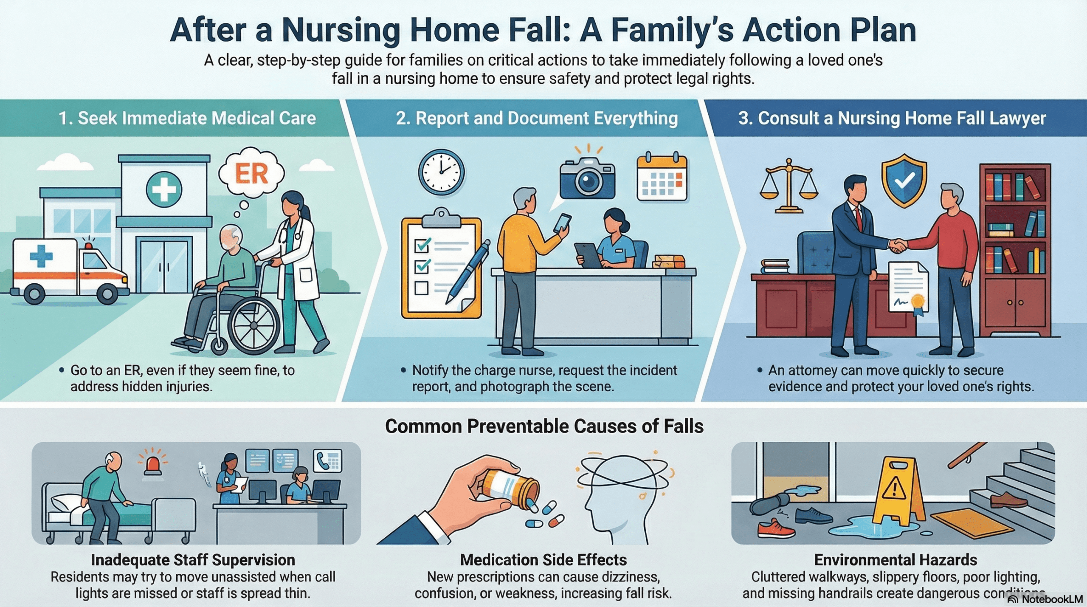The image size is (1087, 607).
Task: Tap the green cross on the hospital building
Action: [164, 189]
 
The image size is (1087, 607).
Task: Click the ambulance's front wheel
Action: [107, 293]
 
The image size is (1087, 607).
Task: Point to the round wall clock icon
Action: [441, 172]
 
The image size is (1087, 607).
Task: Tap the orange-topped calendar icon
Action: [662, 177]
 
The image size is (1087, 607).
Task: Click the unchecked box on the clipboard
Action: [421, 288]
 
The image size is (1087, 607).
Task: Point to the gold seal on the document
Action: [917, 301]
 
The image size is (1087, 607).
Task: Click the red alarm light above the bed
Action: [152, 464]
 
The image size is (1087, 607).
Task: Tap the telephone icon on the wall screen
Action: [327, 460]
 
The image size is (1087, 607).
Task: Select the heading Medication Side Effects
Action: [543, 560]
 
